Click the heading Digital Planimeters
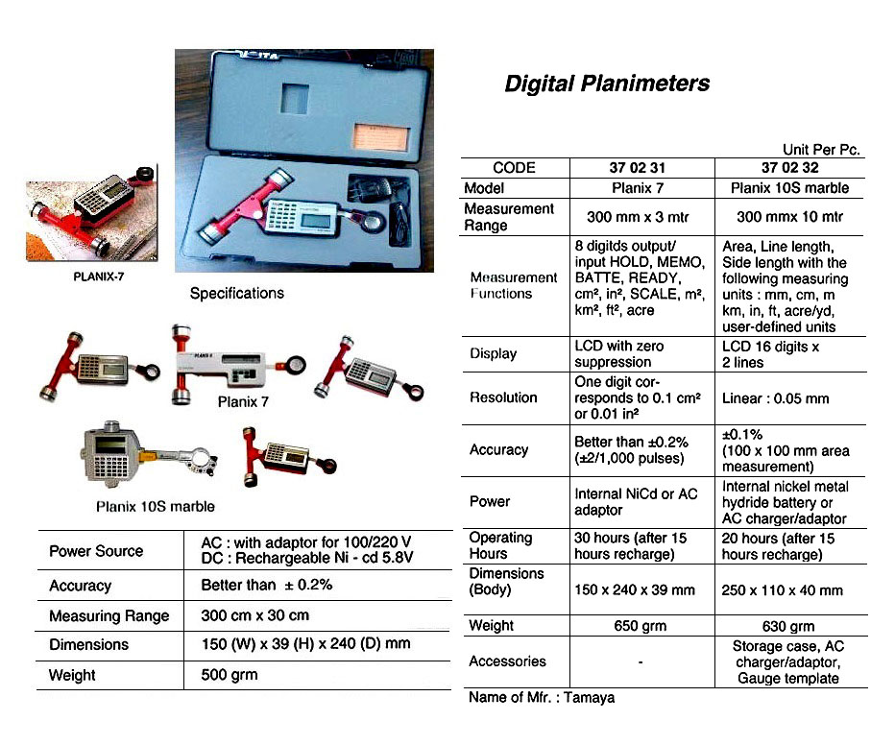[607, 84]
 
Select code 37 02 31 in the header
[643, 168]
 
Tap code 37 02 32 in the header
[789, 168]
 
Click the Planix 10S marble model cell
[789, 188]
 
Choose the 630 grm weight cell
[789, 626]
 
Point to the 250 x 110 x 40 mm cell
[782, 590]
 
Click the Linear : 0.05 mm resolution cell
[775, 397]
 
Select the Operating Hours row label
[500, 546]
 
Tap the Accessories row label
[507, 661]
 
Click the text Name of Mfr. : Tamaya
[542, 698]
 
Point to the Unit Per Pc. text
[822, 150]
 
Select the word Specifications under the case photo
[237, 294]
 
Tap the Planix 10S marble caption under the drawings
[155, 506]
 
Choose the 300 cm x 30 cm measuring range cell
[254, 615]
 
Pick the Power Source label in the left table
[96, 551]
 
